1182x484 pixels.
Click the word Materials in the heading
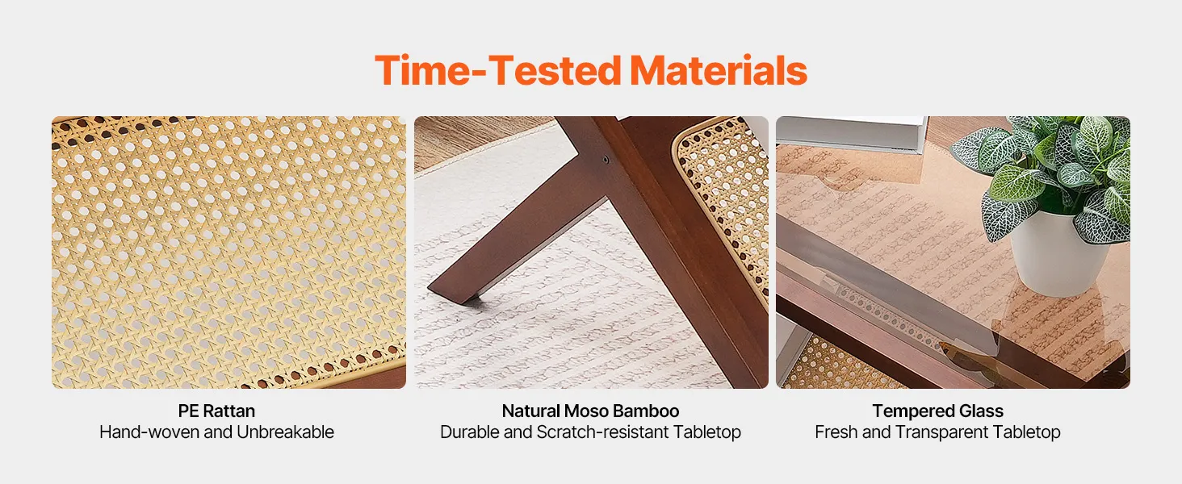(719, 70)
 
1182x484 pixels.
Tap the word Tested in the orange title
(555, 70)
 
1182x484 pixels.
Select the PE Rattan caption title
(216, 411)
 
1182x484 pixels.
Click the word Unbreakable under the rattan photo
(285, 432)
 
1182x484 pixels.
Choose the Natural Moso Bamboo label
(590, 411)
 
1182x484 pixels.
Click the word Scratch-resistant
(602, 432)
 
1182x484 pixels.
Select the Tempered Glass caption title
(937, 411)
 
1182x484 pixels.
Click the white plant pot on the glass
(1058, 253)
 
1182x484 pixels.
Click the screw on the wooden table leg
(606, 159)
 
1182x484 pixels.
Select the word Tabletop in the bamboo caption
(707, 432)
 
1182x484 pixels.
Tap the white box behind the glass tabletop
(851, 135)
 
